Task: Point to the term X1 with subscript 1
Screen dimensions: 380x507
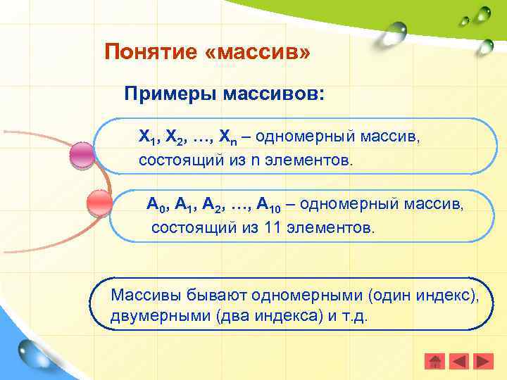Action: (x=146, y=136)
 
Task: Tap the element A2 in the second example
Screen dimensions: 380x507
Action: (x=212, y=205)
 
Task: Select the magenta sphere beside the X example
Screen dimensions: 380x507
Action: (x=83, y=155)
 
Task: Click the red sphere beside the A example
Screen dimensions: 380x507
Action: (x=99, y=203)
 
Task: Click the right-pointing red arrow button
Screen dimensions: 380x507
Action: (x=483, y=362)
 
